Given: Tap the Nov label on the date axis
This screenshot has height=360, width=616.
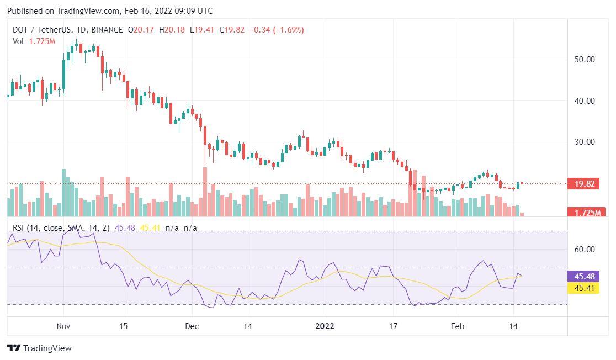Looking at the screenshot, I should click(x=64, y=326).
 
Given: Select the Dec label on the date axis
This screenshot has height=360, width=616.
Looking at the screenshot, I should click(x=192, y=326).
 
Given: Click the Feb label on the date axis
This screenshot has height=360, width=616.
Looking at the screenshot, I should click(x=458, y=326).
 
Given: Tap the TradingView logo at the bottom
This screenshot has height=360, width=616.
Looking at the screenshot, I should click(x=39, y=348).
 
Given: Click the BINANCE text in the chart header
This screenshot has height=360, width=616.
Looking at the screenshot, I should click(x=108, y=30).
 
